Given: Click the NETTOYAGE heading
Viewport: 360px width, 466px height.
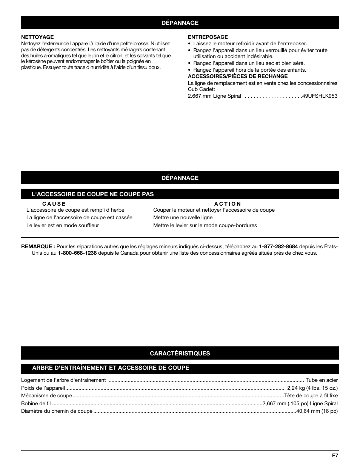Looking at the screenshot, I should point(37,37).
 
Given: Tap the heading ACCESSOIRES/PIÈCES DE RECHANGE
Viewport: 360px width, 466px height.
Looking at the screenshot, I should point(238,76).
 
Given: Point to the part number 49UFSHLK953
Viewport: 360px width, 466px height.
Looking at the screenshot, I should point(320,96).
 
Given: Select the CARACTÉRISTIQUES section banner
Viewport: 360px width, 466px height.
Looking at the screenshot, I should point(180,353).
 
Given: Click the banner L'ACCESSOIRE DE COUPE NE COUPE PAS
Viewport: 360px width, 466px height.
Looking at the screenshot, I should point(93,194).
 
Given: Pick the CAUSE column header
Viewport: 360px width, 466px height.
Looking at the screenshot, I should point(54,204).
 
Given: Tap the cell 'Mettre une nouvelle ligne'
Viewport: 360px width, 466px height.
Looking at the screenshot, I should point(183,218).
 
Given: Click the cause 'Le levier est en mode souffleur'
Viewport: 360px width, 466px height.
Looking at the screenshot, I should point(63,226).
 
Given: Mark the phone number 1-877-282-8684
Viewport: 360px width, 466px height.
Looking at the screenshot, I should point(278,247).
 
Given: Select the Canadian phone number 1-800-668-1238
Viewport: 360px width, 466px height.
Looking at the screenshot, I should point(77,253).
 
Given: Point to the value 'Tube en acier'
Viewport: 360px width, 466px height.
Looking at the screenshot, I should point(322,380).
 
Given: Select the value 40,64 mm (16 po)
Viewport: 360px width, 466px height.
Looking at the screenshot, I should point(317,411).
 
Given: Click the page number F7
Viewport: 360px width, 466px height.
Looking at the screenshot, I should point(335,456).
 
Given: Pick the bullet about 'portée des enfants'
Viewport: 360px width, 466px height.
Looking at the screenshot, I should point(249,70).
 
